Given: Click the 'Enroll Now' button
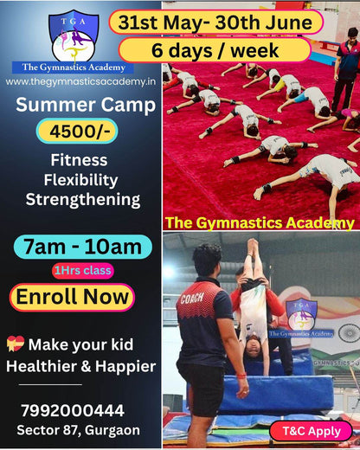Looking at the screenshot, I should click(72, 297).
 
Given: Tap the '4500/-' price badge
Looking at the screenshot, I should click(78, 132).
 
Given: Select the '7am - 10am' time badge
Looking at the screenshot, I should click(78, 247).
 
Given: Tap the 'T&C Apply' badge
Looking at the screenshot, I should click(311, 430).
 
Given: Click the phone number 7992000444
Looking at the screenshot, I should click(73, 410).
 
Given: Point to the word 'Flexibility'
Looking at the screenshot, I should click(79, 179).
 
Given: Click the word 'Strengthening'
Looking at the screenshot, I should click(82, 199).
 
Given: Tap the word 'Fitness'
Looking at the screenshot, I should click(79, 160).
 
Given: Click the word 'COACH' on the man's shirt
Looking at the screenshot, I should click(191, 299).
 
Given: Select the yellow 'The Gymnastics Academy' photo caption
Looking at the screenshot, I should click(259, 222).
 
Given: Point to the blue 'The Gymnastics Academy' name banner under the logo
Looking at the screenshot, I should click(73, 67).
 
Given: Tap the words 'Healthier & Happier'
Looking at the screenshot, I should click(80, 366).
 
